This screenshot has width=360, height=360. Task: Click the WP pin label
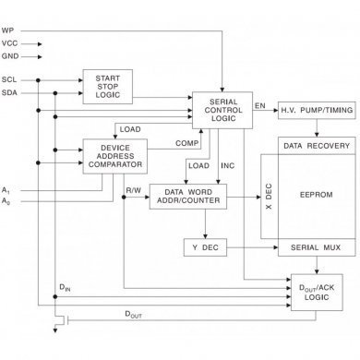click(x=8, y=30)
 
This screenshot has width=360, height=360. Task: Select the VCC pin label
click(x=10, y=42)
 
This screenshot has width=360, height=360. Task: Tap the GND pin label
click(x=10, y=54)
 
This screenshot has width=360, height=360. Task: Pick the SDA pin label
click(x=9, y=93)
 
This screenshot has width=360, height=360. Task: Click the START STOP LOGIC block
click(x=109, y=86)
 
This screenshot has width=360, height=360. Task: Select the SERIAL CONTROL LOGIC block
click(x=222, y=109)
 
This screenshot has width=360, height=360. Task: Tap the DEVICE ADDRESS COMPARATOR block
click(x=115, y=156)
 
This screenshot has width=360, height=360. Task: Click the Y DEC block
click(x=205, y=247)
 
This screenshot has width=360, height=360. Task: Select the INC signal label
click(x=228, y=165)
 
